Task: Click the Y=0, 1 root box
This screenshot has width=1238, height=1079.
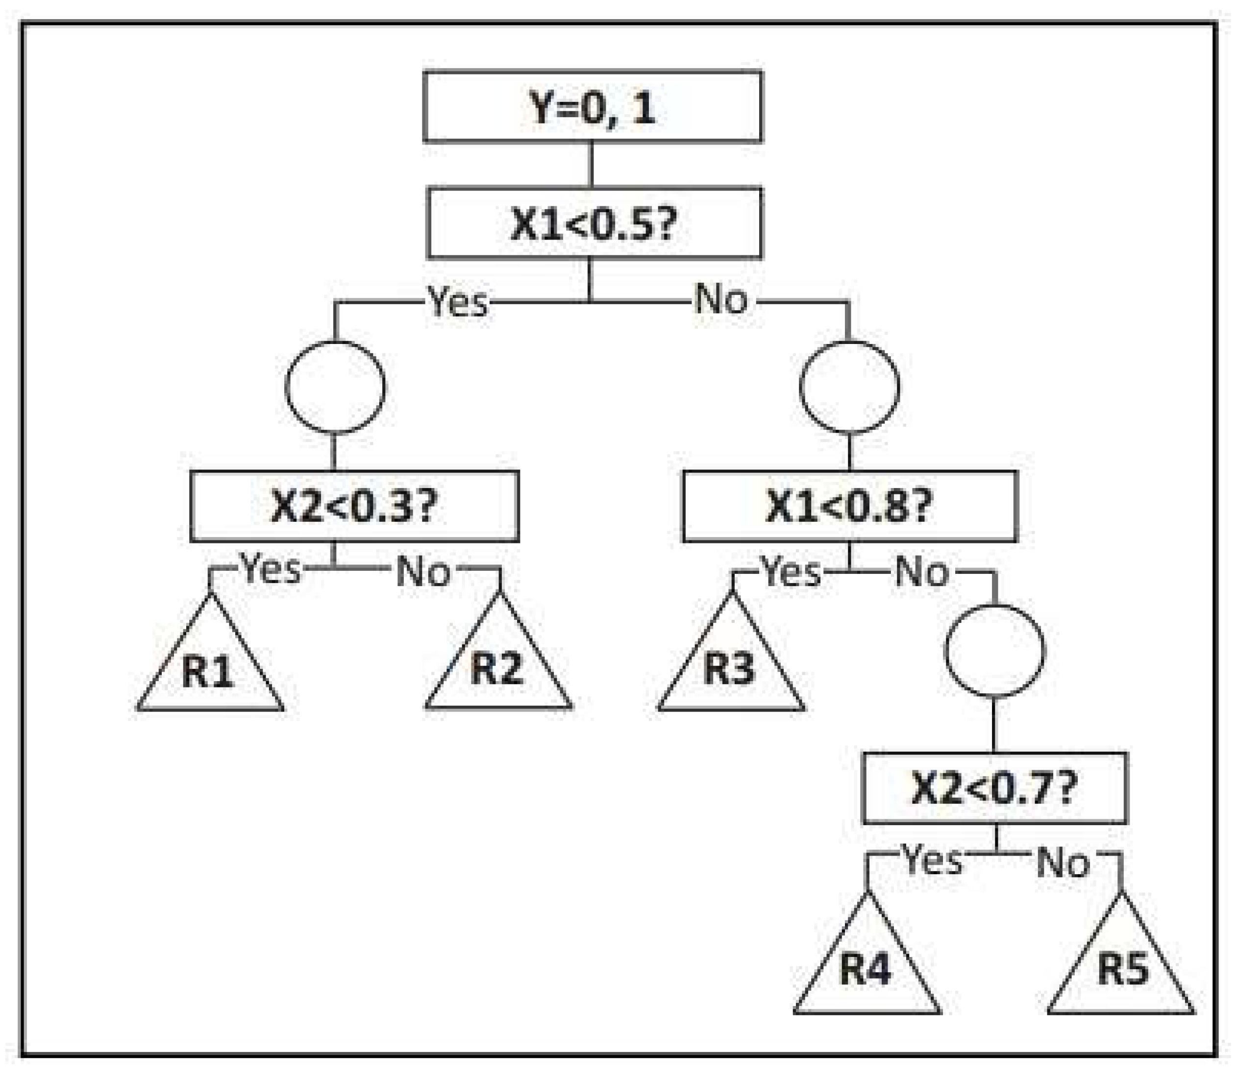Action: [x=593, y=107]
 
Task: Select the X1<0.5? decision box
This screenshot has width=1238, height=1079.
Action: [x=594, y=223]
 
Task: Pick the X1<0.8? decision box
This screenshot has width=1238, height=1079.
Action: [x=850, y=506]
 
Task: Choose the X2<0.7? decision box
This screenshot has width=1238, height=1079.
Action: [x=995, y=788]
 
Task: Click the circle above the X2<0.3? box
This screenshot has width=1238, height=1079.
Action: [x=335, y=387]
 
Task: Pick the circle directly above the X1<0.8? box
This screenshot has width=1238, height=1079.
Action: [x=850, y=387]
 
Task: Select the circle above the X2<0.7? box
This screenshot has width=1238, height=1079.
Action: [x=994, y=651]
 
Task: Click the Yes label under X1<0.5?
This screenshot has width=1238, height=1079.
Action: [x=458, y=301]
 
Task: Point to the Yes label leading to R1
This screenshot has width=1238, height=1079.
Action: [x=271, y=568]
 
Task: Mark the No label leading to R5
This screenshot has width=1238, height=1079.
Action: [x=1063, y=863]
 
